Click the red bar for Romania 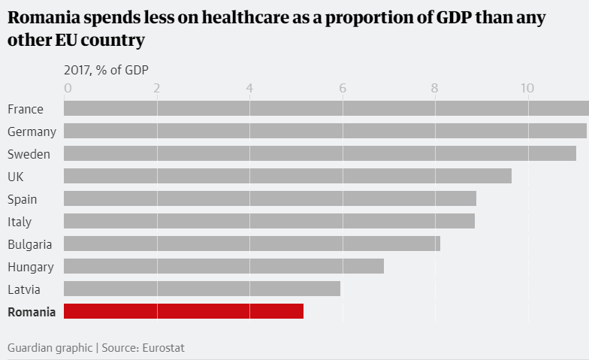183,311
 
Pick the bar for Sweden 319,153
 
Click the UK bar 287,176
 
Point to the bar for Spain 270,198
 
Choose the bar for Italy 269,221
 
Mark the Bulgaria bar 252,244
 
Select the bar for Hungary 223,266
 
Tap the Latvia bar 201,289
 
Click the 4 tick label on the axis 249,89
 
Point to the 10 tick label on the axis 527,89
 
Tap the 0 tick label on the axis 68,89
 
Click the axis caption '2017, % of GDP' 106,70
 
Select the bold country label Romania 32,312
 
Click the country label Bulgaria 30,244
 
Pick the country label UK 15,177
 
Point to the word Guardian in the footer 31,348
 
